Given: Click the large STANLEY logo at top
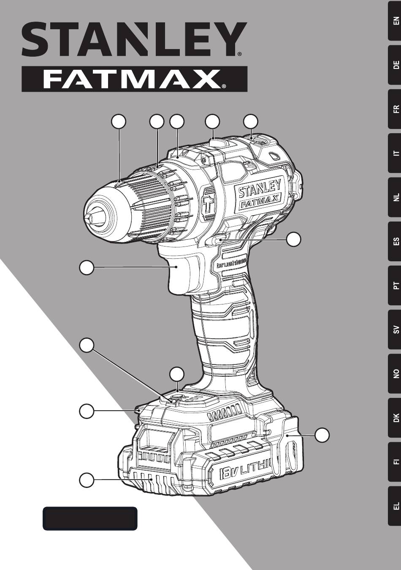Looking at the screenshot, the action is point(134,40).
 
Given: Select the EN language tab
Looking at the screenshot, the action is point(394,20).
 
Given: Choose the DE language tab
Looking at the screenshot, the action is point(394,65).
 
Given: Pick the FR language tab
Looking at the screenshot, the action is point(394,109).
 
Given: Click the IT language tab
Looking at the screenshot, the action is point(394,153).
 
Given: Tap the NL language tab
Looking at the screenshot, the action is point(394,197).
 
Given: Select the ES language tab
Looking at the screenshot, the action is point(394,241).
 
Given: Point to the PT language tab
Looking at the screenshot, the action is point(394,285).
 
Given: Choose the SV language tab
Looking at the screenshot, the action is point(394,329).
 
